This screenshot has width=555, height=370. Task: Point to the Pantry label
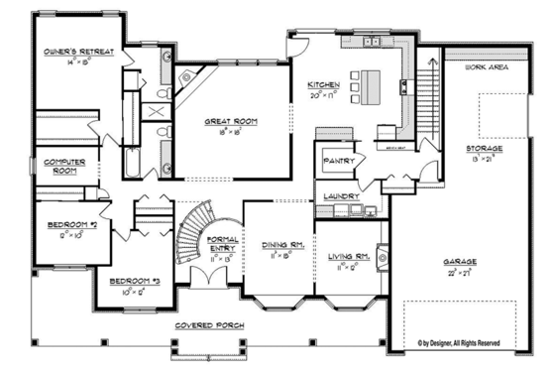click(332, 159)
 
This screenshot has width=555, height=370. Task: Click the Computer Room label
click(57, 168)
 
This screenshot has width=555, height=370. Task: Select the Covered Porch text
click(209, 325)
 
